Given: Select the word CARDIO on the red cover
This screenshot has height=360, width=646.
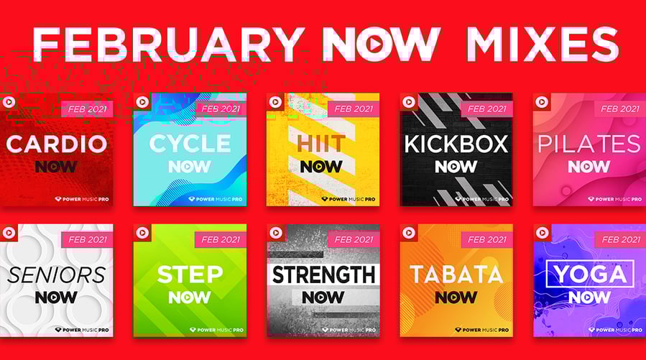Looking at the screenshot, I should [57, 144].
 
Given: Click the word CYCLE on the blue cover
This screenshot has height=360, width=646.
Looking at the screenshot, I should [190, 144].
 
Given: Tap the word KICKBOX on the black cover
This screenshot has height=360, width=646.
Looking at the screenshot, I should [456, 144].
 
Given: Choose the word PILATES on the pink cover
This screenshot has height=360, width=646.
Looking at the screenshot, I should [589, 144].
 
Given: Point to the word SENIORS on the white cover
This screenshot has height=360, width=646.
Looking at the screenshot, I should [57, 274].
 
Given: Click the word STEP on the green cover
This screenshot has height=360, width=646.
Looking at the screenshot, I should [190, 274].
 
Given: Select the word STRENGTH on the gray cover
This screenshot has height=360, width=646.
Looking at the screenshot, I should [323, 274].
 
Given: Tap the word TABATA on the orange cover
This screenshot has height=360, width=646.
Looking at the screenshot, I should [456, 274].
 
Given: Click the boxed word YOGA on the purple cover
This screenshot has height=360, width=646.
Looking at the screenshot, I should [589, 274].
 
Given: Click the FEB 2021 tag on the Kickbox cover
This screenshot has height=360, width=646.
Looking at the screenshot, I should [486, 109].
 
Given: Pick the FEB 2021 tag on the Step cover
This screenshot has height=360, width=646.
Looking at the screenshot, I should [221, 239].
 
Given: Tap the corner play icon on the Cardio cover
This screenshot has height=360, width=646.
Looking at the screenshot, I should [9, 102].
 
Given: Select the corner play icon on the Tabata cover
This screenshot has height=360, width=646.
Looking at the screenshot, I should [408, 232].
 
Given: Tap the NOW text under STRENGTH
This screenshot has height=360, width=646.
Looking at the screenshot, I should [323, 297].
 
